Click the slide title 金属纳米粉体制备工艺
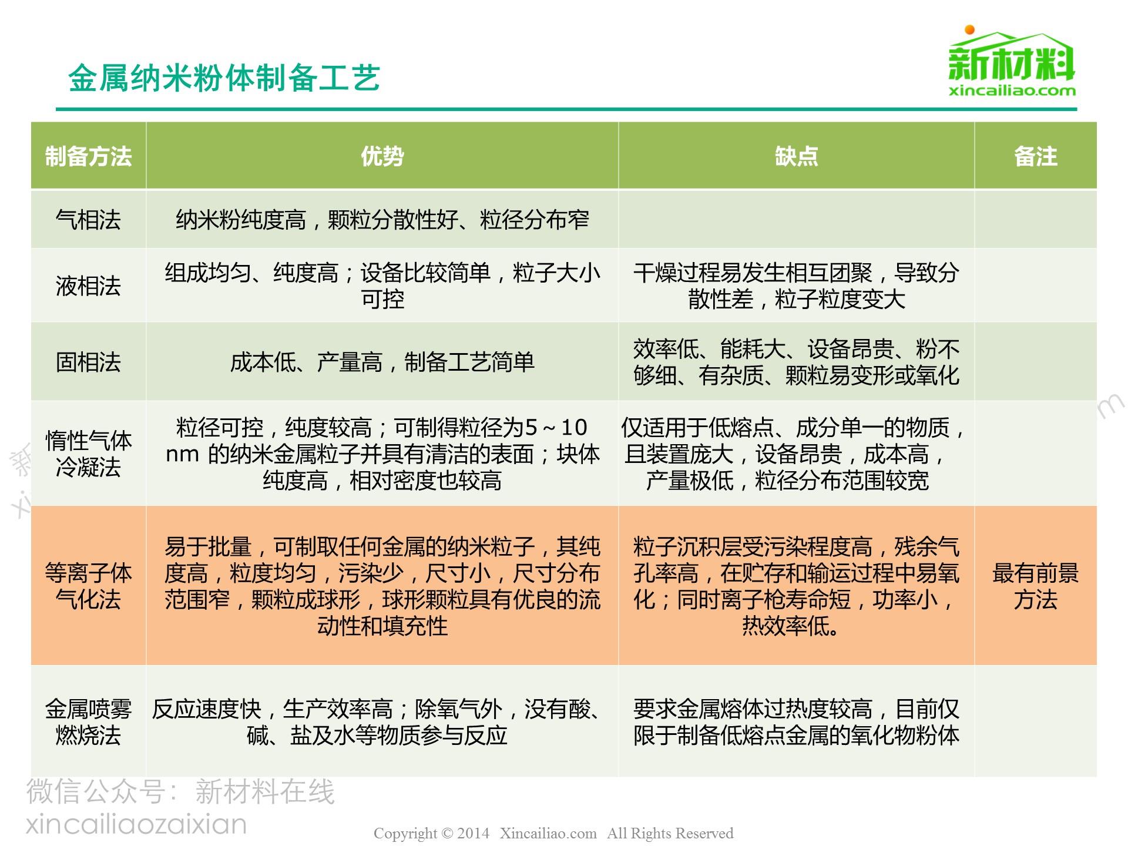click(224, 78)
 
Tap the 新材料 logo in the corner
click(1012, 61)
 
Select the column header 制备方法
click(89, 156)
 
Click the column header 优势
click(382, 156)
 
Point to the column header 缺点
click(796, 156)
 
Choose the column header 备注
click(1035, 156)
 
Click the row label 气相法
click(89, 220)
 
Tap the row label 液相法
click(89, 286)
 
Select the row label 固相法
click(89, 362)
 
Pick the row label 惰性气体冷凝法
click(89, 454)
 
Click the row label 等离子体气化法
click(89, 586)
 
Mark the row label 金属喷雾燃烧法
click(89, 722)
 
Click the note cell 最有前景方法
click(1035, 586)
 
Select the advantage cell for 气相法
click(382, 220)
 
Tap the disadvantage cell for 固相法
click(796, 362)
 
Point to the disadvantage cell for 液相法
click(796, 286)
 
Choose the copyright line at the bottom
click(553, 833)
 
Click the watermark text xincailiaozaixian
click(136, 824)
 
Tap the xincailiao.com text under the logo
click(1012, 90)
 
